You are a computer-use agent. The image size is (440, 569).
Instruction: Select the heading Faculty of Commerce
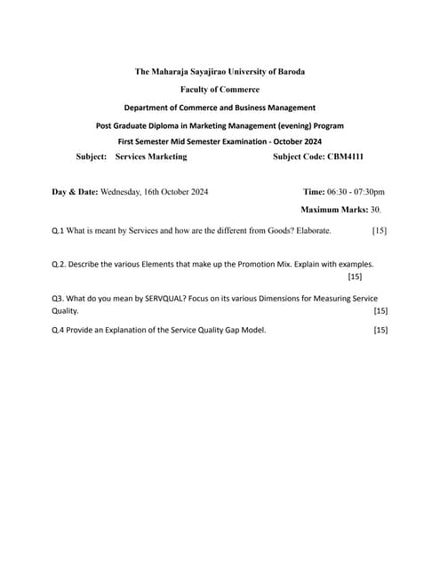[220, 89]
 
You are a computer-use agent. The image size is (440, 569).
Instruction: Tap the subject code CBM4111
[344, 156]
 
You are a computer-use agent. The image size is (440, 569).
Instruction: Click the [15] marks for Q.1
[380, 231]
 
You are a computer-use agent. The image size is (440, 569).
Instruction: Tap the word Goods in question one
[274, 231]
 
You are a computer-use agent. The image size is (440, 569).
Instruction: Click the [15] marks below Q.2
[355, 277]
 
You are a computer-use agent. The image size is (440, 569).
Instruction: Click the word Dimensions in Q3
[283, 299]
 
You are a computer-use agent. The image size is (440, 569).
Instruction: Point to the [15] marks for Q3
[380, 311]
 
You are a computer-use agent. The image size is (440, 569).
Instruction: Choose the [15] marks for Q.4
[380, 330]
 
